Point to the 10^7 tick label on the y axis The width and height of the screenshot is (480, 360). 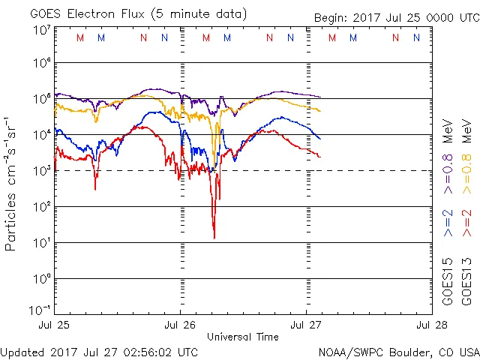41,30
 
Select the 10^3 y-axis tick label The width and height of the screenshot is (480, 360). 41,171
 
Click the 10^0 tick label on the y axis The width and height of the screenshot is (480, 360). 41,279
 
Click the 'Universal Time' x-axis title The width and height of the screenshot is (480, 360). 242,337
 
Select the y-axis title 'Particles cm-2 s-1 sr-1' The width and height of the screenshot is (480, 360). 11,183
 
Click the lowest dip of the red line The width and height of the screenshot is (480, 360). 214,238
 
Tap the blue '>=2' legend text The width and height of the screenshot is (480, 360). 448,223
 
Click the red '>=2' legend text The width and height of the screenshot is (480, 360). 466,223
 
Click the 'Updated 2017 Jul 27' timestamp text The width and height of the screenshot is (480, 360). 100,352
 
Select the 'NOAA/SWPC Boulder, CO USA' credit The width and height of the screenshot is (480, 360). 399,352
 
